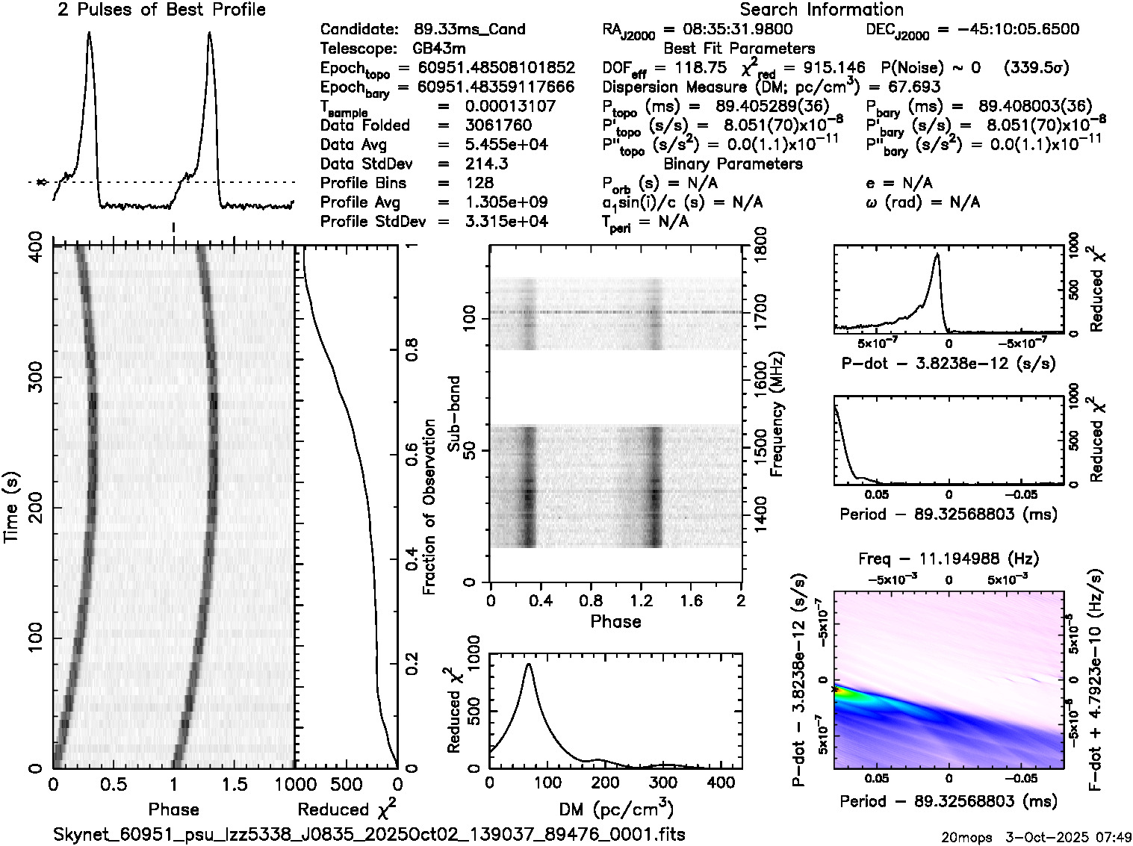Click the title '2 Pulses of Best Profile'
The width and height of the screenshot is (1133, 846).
coord(161,10)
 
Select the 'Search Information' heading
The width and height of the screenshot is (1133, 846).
coord(822,10)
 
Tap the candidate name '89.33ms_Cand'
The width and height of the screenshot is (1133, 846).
coord(469,30)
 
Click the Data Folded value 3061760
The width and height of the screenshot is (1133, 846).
coord(498,125)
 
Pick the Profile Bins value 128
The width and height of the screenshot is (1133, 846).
coord(479,183)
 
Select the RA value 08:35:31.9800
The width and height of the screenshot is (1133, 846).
coord(727,30)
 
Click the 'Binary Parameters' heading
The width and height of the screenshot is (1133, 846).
coord(733,164)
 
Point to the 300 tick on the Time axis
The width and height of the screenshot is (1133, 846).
coord(34,377)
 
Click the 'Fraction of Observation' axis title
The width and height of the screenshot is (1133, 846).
coord(429,507)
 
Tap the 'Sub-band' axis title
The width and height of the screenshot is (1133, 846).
coord(453,413)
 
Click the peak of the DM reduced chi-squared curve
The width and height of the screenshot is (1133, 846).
coord(529,664)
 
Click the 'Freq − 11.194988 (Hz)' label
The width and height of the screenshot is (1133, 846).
coord(949,559)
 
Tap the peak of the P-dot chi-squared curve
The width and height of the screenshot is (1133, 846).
coord(936,255)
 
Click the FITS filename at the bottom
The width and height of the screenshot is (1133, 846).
coord(369,834)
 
